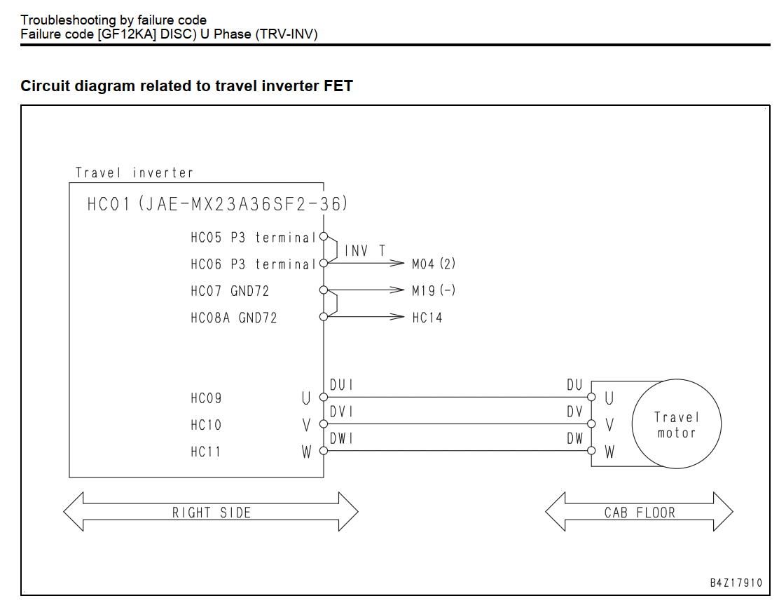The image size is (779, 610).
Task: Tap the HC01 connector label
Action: tap(218, 204)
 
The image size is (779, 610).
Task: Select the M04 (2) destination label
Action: tap(434, 264)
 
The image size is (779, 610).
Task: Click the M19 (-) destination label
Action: tap(434, 290)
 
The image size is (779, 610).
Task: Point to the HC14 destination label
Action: tap(427, 318)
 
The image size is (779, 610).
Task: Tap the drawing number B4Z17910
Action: tap(736, 583)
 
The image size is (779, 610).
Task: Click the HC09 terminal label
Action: tap(206, 398)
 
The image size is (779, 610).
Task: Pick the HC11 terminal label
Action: tap(206, 452)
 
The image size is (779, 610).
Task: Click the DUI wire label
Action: tap(341, 385)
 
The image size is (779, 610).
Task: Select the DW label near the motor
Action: tap(575, 438)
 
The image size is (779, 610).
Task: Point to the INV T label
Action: tap(365, 251)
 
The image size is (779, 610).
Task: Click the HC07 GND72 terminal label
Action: tap(230, 291)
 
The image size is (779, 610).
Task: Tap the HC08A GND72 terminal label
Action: tap(234, 318)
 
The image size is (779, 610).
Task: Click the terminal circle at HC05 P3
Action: tap(324, 237)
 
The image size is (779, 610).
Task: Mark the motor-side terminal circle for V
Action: tap(591, 424)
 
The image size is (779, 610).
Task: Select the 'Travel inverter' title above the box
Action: tap(134, 172)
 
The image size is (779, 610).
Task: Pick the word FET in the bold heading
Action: tap(338, 86)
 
